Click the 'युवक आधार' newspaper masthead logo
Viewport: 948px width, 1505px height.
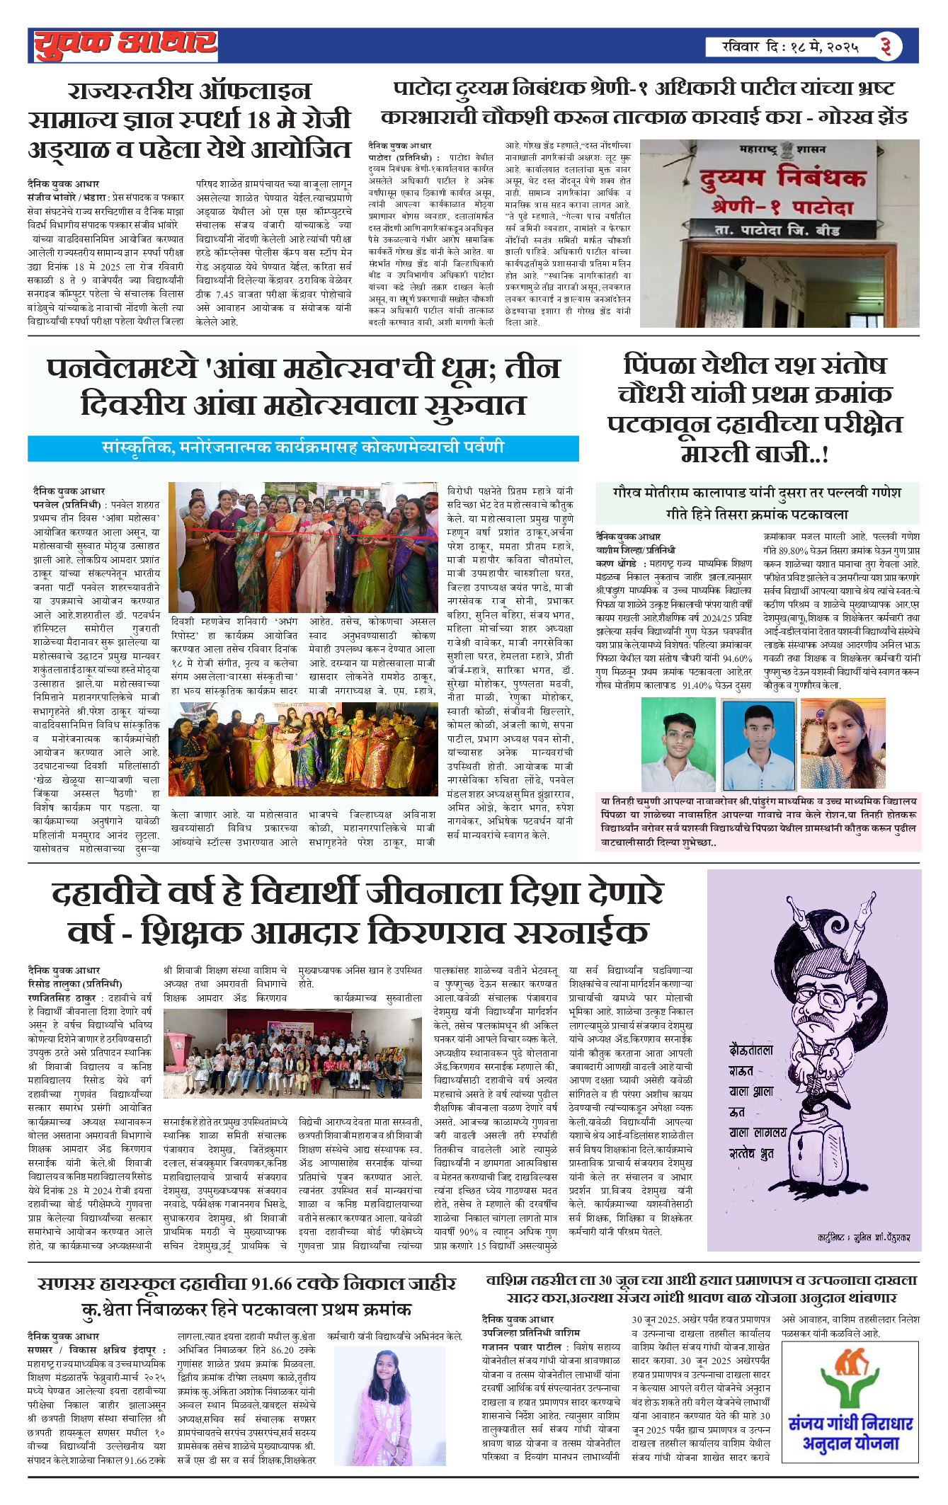[x=125, y=45]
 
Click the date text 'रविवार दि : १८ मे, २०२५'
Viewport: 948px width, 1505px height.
[x=790, y=47]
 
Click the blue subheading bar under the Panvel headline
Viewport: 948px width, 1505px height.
[x=303, y=448]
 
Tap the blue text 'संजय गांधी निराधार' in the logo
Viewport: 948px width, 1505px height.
[x=850, y=1424]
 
